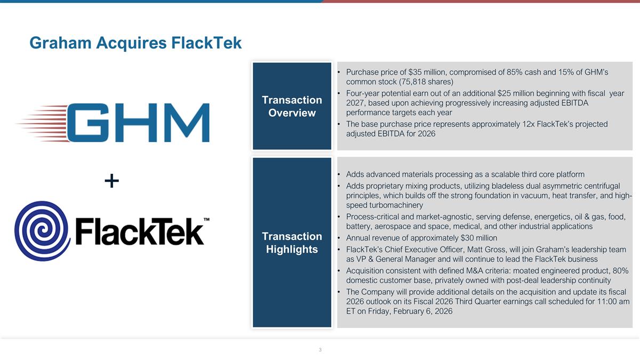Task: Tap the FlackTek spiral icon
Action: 42,230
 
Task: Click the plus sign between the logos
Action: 111,182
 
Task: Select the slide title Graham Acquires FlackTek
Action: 135,43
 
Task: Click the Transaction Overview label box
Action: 292,106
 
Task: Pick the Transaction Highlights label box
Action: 292,243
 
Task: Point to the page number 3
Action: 320,350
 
